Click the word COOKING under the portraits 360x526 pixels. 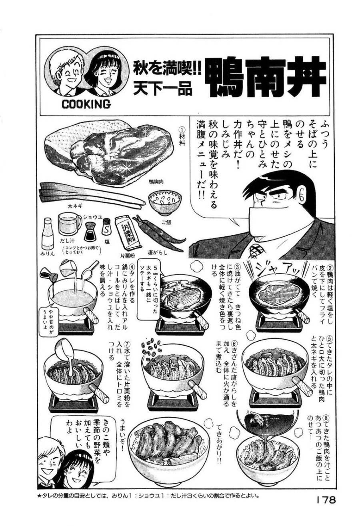86,105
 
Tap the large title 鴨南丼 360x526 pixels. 266,78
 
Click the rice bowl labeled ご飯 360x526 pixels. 163,202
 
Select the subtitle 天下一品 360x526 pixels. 162,89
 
